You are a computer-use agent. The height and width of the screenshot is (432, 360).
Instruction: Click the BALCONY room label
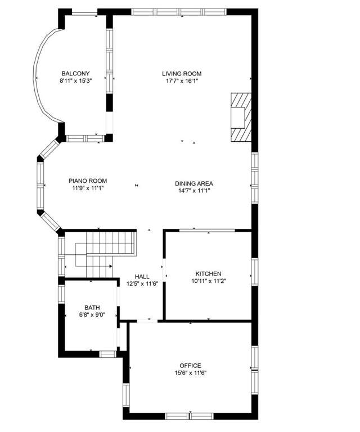point(75,74)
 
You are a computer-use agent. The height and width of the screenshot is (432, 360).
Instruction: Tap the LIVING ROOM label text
point(182,74)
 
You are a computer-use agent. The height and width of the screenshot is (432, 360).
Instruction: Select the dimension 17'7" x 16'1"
point(182,81)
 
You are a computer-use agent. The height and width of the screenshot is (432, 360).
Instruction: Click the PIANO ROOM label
point(88,181)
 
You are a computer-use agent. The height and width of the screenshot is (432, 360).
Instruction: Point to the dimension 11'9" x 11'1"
point(88,188)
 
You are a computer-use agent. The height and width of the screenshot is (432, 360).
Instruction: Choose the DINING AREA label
point(194,183)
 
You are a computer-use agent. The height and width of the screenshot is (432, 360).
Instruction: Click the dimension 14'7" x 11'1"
point(194,191)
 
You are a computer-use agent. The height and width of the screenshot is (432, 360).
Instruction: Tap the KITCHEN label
point(208,273)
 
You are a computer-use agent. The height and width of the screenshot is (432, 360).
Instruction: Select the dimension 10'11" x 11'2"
point(209,281)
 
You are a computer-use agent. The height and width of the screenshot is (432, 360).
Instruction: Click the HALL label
point(142,276)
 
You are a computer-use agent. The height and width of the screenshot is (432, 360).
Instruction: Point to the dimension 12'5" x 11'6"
point(142,283)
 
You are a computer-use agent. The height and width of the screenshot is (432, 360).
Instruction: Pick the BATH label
point(92,308)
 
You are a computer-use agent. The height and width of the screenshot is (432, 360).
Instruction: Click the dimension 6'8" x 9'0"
point(92,314)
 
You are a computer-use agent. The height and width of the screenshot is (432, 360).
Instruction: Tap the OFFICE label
point(190,366)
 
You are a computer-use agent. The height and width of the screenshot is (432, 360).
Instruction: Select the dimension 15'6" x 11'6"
point(190,373)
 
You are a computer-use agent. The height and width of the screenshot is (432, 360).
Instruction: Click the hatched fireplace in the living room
point(241,118)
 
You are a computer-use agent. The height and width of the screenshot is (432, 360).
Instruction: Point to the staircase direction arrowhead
point(111,266)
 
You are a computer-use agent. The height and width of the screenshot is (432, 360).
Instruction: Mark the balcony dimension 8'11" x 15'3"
point(75,81)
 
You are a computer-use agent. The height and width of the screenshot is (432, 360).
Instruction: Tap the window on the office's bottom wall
point(190,416)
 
